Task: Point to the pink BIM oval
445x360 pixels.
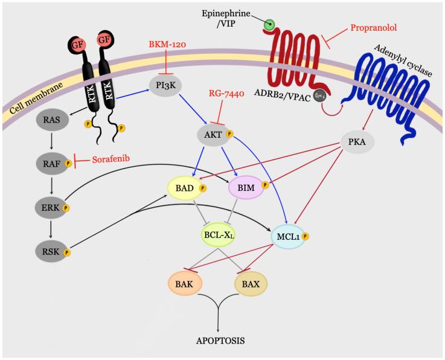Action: (246, 188)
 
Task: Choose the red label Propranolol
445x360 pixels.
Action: (375, 28)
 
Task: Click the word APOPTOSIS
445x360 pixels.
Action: (220, 340)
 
